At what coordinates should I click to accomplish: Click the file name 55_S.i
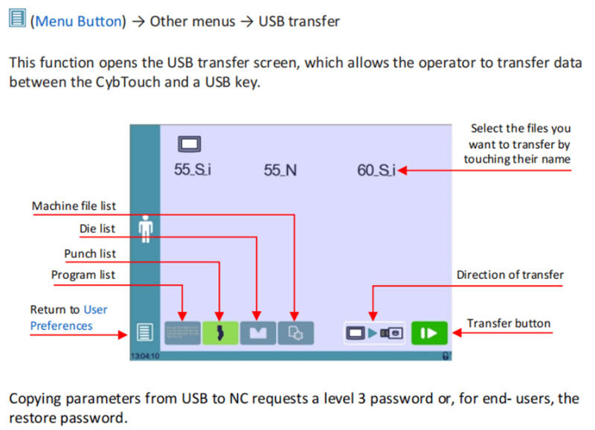click(x=193, y=170)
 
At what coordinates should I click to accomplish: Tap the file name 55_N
click(x=280, y=170)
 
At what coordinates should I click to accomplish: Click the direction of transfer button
click(x=373, y=332)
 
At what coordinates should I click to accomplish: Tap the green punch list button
click(x=220, y=332)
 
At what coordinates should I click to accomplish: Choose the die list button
click(x=257, y=332)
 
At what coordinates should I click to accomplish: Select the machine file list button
click(x=295, y=332)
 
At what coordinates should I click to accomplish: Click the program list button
click(x=182, y=332)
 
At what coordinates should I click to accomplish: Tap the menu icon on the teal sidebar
click(x=144, y=332)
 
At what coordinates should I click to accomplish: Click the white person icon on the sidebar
click(x=145, y=228)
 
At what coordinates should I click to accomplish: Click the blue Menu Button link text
click(x=77, y=21)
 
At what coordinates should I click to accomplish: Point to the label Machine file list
click(x=74, y=205)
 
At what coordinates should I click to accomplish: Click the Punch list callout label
click(x=89, y=254)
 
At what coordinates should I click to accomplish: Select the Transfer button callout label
click(x=509, y=323)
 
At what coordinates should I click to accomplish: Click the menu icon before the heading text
click(x=17, y=19)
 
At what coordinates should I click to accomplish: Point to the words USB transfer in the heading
click(x=299, y=21)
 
